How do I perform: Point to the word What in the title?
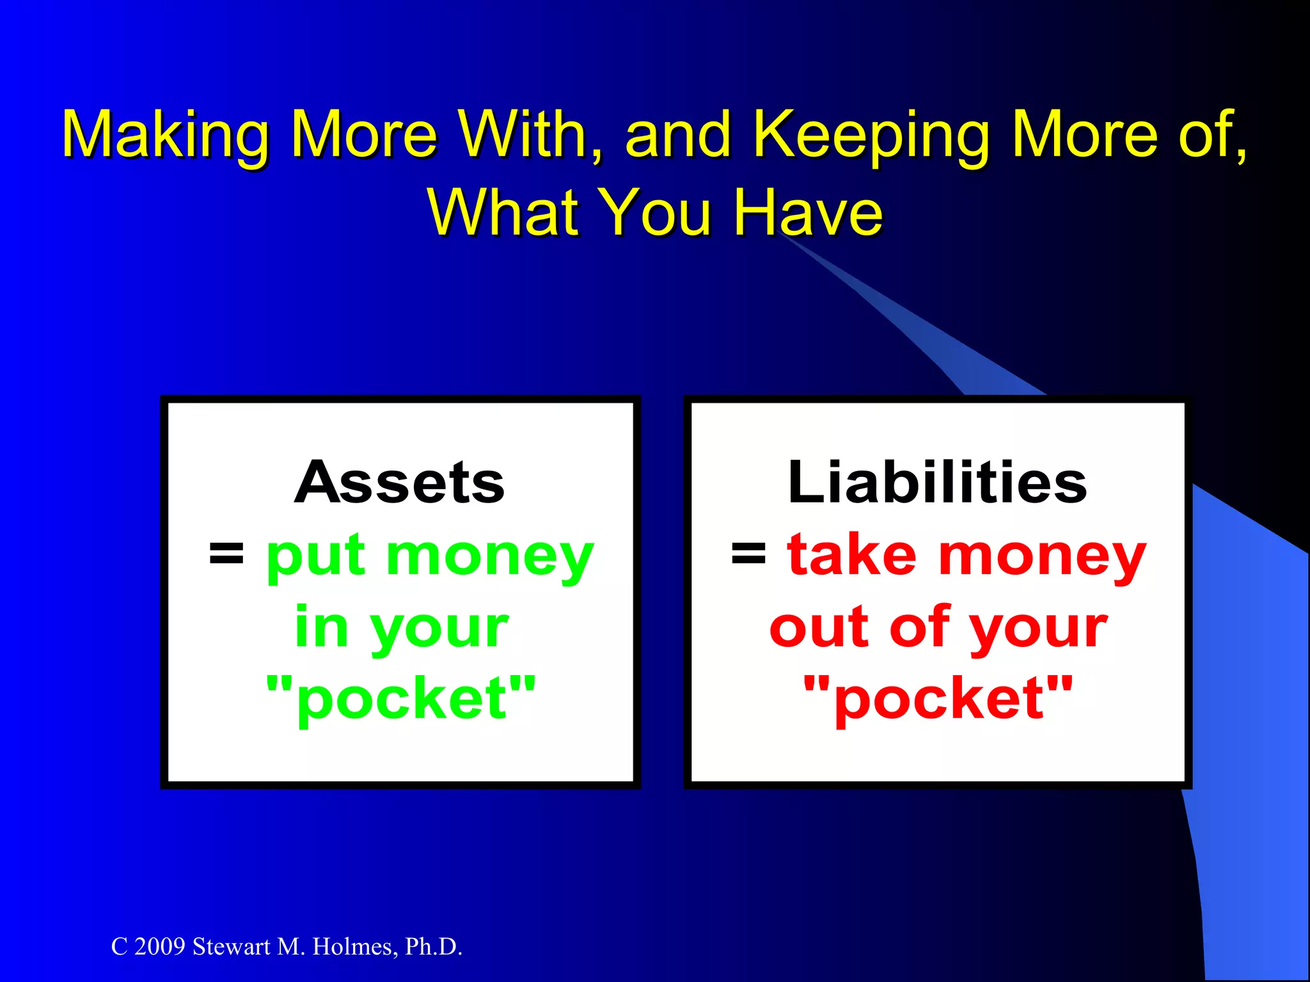pos(502,212)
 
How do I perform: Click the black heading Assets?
pos(400,483)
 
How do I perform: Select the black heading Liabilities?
pos(937,483)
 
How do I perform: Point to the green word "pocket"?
pos(401,699)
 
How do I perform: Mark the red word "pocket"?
pos(938,699)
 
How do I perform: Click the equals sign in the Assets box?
pos(226,554)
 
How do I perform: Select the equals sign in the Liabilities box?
pos(748,554)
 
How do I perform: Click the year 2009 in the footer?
pos(159,947)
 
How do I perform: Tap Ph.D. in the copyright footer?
pos(433,947)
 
